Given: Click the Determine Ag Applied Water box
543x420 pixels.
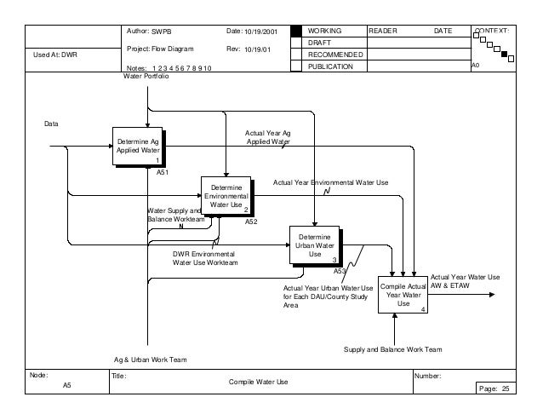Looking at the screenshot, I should (x=137, y=147).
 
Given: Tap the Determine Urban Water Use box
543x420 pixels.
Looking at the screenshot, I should (x=314, y=245).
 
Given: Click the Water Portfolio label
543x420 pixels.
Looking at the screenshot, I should (x=147, y=77).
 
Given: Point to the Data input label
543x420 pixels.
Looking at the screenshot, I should (x=53, y=124).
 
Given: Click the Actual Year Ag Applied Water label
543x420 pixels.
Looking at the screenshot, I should (x=268, y=137).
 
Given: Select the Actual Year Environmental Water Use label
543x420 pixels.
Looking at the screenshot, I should (x=330, y=182).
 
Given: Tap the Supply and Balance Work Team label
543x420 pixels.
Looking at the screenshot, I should (x=392, y=349).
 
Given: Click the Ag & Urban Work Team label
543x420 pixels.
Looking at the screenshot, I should (x=150, y=360).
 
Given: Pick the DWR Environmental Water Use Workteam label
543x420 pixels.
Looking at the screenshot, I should (x=205, y=258).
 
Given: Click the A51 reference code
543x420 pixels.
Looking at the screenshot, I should (x=162, y=172).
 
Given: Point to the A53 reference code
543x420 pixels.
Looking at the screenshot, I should (x=339, y=271).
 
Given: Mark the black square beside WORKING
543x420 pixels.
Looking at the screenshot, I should (x=296, y=31).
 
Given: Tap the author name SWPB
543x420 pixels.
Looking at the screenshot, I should (x=162, y=31).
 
